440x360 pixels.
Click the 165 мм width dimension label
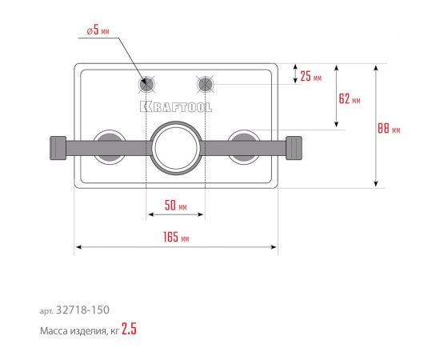click(176, 237)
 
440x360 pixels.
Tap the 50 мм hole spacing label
click(176, 205)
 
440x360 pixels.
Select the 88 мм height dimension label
click(389, 129)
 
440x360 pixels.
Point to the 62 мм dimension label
click(350, 98)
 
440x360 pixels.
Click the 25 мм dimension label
click(311, 76)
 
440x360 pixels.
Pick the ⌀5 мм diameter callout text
click(98, 30)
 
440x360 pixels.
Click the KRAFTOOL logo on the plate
click(176, 107)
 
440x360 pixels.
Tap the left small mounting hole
click(146, 84)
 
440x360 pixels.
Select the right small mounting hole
click(205, 84)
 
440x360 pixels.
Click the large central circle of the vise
click(176, 148)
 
